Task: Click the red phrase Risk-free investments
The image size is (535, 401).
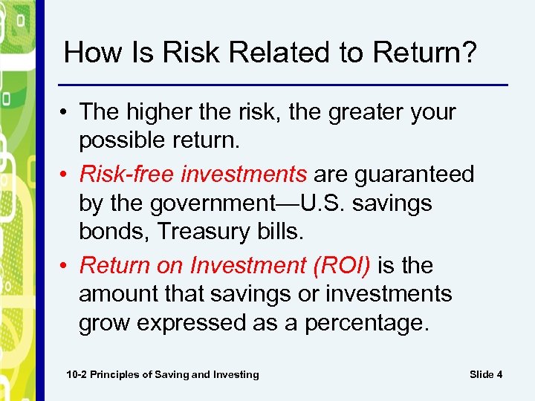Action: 192,174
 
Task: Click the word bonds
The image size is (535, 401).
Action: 111,232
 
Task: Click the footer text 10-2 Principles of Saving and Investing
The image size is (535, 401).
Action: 163,374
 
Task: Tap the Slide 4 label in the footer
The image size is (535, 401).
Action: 486,374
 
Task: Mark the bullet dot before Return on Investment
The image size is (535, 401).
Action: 67,266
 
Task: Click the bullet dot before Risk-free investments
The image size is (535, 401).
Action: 67,175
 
